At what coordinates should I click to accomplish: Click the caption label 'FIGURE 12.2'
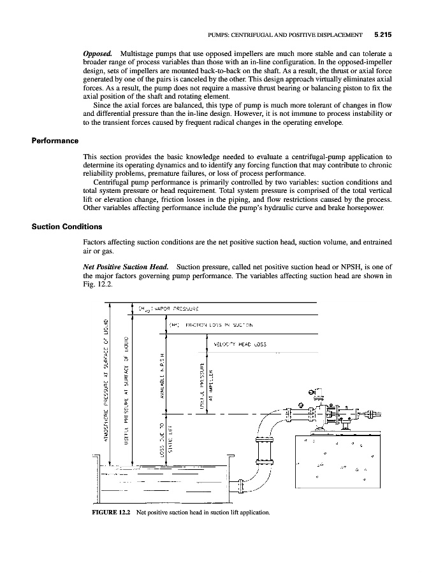coord(108,512)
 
